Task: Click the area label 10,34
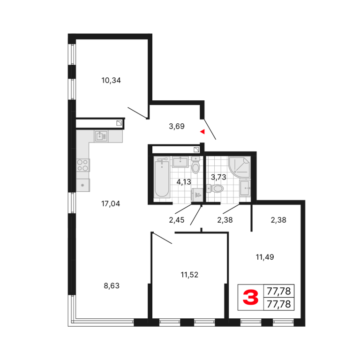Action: tap(111, 81)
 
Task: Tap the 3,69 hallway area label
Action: tap(177, 126)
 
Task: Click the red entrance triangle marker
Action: tap(202, 132)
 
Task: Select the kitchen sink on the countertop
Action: tap(101, 136)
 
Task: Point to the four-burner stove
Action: tap(83, 165)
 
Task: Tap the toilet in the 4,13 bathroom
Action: tap(195, 165)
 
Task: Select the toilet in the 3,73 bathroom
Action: tap(215, 189)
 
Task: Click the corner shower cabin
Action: tap(239, 167)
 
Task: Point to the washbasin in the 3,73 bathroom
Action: tap(245, 188)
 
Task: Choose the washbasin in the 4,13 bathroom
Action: tap(180, 162)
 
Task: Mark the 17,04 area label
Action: tap(111, 203)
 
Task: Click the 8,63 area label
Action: tap(112, 286)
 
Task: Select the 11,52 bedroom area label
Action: tap(189, 275)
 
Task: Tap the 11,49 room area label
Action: tap(265, 257)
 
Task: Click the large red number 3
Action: tap(250, 297)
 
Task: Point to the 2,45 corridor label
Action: tap(177, 220)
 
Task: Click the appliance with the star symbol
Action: tap(83, 185)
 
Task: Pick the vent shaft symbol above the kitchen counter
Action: tap(119, 123)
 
